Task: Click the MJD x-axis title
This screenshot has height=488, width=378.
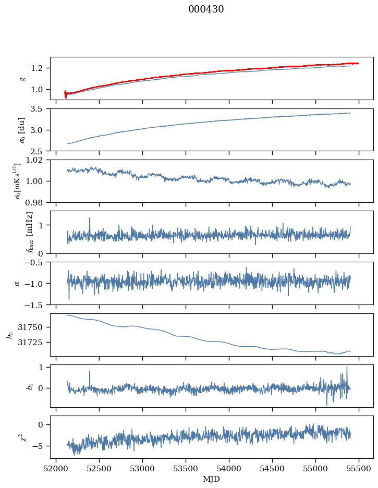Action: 212,479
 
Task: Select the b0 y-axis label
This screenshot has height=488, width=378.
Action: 9,334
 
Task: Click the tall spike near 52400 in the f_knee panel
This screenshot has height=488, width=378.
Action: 90,218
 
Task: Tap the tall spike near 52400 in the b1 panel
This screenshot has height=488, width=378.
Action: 90,372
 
